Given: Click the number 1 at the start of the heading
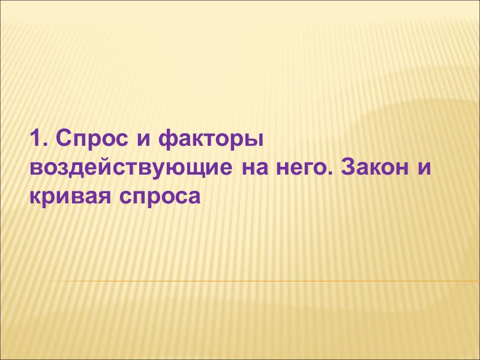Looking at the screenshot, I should coord(34,140).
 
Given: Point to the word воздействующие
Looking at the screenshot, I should coord(128,168).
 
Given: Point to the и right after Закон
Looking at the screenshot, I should coord(424,168).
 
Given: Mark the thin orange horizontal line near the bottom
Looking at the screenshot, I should coord(252,281).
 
